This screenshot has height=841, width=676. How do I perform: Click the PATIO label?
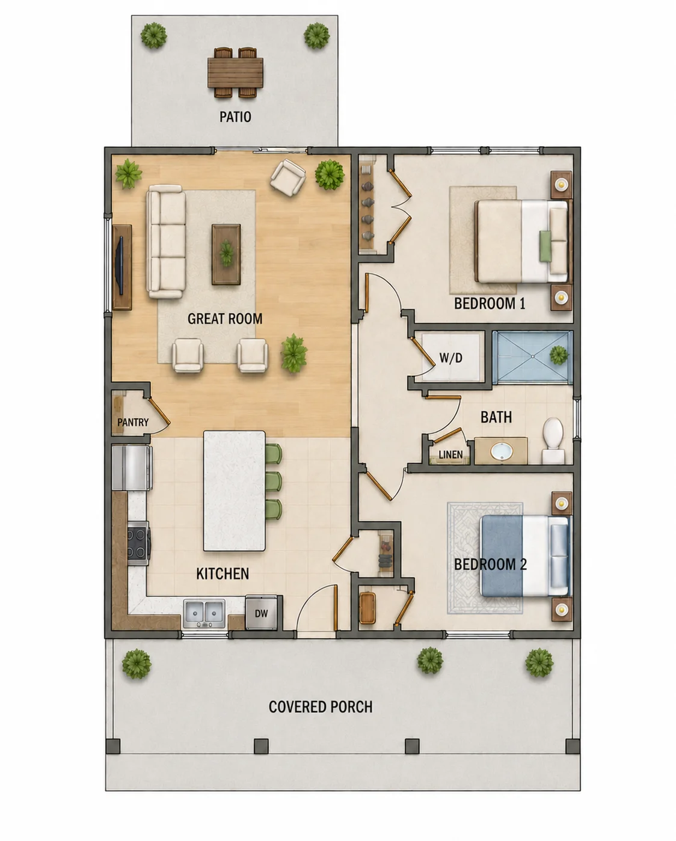[x=235, y=117]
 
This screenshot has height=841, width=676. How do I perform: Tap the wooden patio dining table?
[x=235, y=72]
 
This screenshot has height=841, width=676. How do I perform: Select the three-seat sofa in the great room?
[x=166, y=242]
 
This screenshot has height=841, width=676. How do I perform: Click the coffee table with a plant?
[x=226, y=254]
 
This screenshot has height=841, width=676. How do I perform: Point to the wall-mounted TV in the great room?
[x=121, y=265]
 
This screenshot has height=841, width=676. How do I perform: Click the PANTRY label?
[x=133, y=422]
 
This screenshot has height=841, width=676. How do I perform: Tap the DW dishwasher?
[x=261, y=613]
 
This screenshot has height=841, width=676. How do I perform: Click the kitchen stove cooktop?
[x=138, y=543]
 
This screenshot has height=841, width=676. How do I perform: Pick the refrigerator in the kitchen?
[x=132, y=468]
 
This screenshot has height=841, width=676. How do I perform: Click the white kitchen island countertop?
[x=234, y=491]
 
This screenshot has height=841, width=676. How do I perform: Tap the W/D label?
[x=451, y=358]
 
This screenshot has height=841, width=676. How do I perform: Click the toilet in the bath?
[x=553, y=440]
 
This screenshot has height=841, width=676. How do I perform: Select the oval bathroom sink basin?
[x=502, y=451]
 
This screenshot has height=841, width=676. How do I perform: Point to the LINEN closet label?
[x=450, y=454]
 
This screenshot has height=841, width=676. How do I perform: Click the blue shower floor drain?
[x=532, y=356]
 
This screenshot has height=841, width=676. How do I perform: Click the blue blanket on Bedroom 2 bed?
[x=502, y=555]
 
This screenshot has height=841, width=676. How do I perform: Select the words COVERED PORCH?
[x=321, y=706]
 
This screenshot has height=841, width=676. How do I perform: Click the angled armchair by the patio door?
[x=288, y=177]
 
